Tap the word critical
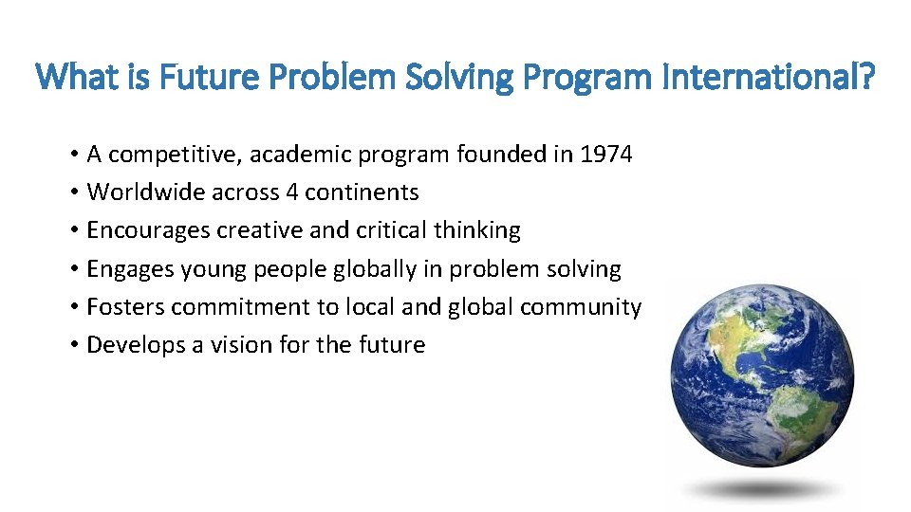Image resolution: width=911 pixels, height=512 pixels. [x=391, y=230]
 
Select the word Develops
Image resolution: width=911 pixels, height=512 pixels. [x=130, y=345]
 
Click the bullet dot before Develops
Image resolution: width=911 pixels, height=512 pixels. [x=73, y=345]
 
